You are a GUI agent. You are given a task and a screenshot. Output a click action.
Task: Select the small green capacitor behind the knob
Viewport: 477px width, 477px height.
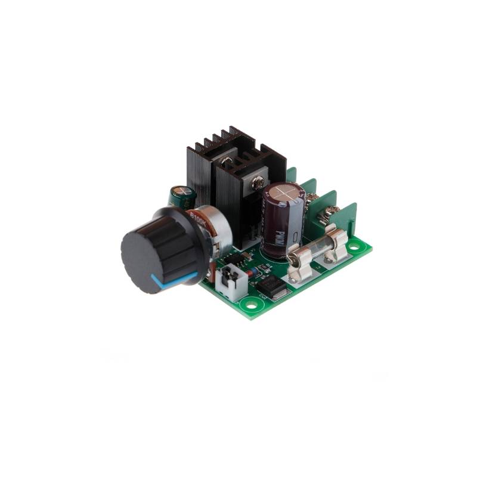[x=181, y=196]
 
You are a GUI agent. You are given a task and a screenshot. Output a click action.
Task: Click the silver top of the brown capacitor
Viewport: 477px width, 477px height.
[x=284, y=193]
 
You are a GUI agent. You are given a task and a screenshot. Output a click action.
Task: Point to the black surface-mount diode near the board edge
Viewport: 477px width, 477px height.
[x=271, y=288]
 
